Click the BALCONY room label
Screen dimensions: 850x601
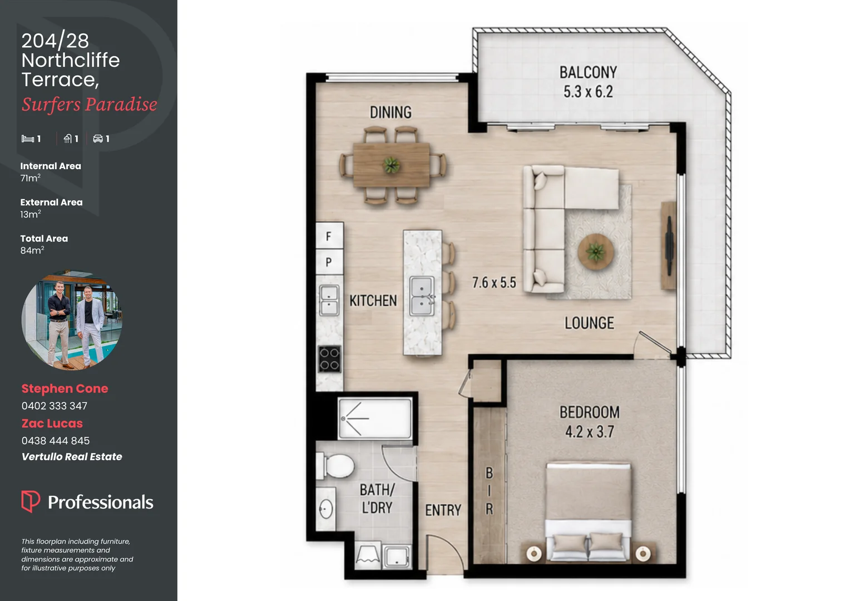[x=588, y=72]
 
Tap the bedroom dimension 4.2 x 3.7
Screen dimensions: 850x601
[x=589, y=432]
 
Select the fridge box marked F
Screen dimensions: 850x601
[x=329, y=236]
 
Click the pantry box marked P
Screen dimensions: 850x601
[x=329, y=262]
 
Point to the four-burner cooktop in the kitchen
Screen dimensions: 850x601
[x=329, y=359]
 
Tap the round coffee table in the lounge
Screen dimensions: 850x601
[x=595, y=252]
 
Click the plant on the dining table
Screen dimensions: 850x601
[x=391, y=165]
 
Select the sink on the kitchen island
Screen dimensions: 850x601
[x=422, y=296]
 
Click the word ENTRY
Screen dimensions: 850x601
[x=443, y=510]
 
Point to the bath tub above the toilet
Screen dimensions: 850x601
[x=375, y=418]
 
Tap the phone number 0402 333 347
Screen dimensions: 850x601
[x=55, y=406]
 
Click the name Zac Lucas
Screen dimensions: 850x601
[x=52, y=423]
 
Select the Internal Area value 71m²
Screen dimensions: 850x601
[x=31, y=178]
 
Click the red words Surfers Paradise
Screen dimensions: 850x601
[x=89, y=105]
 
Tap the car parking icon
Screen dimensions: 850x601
[x=98, y=139]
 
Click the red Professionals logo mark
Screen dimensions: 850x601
[x=31, y=501]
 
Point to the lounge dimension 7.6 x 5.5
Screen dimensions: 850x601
[x=494, y=283]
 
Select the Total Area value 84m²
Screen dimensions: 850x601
[x=32, y=250]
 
